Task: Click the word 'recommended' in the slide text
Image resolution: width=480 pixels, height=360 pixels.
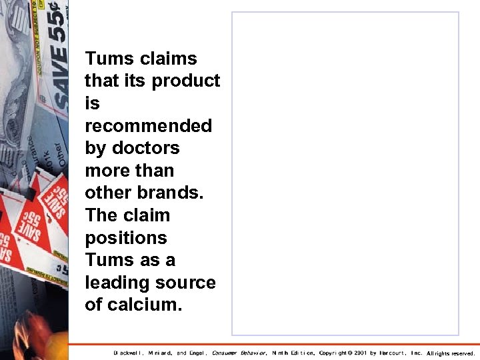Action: tap(149, 126)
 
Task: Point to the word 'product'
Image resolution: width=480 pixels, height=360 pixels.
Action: tap(186, 81)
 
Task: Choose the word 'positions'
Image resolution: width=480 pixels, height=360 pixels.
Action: tap(126, 238)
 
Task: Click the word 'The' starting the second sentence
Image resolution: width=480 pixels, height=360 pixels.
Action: tap(101, 215)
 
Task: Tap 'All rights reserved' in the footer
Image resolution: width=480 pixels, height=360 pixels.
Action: tap(451, 353)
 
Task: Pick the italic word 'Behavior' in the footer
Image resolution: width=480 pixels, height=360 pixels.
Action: tap(253, 353)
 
